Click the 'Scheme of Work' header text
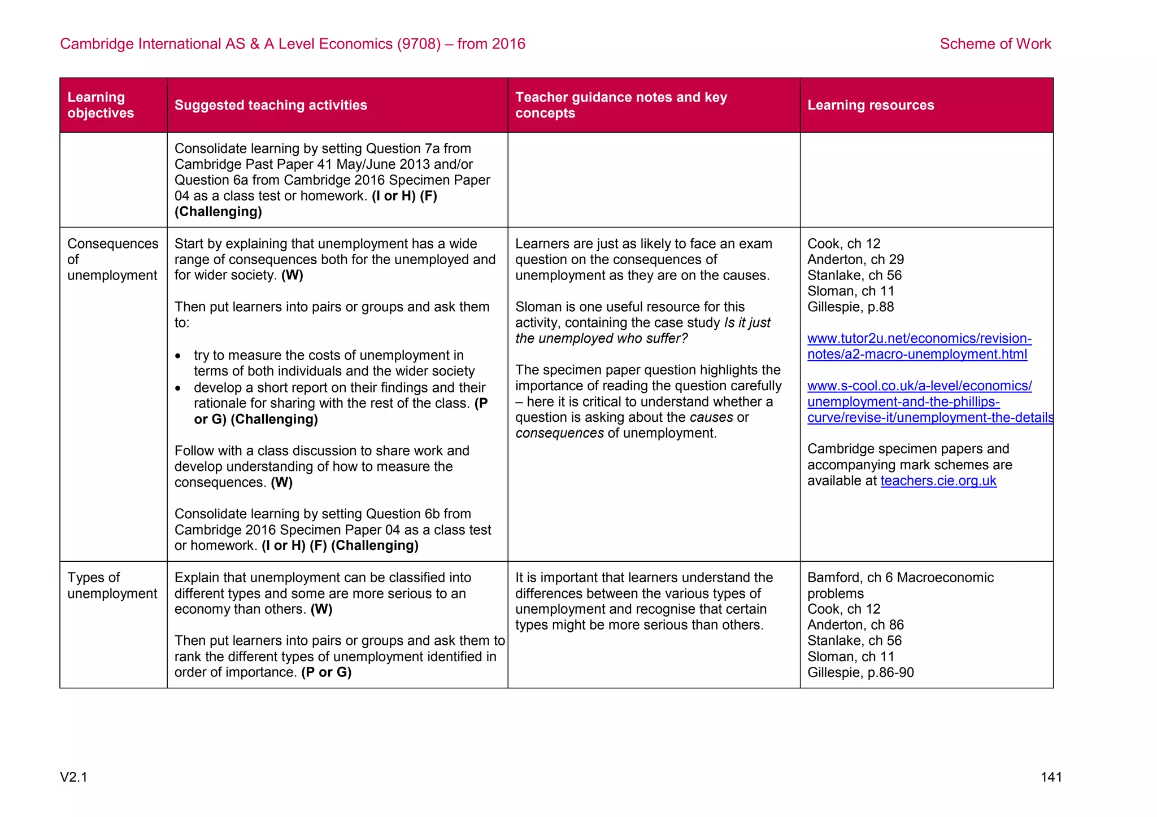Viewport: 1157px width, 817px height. [995, 43]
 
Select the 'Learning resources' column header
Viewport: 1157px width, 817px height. [870, 105]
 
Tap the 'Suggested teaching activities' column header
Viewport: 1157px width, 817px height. [271, 105]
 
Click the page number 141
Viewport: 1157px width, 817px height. [1051, 777]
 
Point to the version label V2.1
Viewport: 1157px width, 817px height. [74, 777]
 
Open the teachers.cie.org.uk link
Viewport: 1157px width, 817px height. [938, 480]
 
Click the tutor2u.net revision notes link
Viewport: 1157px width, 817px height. [919, 346]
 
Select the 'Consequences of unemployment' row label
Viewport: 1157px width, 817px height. [112, 259]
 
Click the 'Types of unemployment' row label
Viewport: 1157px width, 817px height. [112, 585]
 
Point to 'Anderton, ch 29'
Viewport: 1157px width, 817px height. [855, 259]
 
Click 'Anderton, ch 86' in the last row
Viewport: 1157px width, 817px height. [855, 624]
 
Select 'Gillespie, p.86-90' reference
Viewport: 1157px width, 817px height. [860, 672]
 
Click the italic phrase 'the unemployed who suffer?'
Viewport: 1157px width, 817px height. [601, 338]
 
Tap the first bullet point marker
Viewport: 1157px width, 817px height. [179, 356]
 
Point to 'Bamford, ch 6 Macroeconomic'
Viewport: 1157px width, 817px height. [900, 577]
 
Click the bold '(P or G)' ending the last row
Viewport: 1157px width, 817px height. [326, 672]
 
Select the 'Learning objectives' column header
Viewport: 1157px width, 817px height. [101, 105]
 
